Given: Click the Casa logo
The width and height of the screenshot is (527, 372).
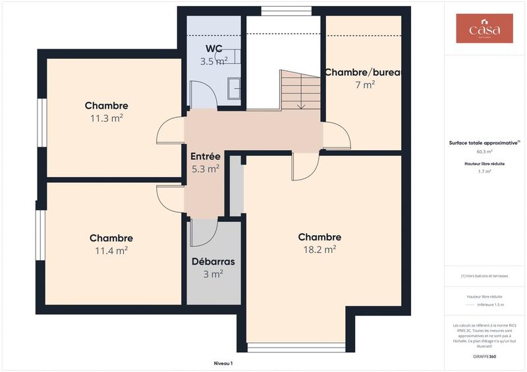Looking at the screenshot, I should click(x=484, y=29).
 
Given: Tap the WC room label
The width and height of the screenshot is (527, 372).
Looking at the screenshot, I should click(x=213, y=48).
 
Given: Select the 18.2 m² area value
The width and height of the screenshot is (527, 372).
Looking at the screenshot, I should click(x=319, y=249).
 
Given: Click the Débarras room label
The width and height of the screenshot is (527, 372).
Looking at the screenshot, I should click(x=213, y=261).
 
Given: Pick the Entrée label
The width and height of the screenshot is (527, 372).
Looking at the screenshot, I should click(x=205, y=157).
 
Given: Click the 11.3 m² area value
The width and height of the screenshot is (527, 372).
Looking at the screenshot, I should click(x=107, y=118).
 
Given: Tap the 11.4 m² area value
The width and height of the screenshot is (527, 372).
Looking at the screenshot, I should click(x=111, y=250).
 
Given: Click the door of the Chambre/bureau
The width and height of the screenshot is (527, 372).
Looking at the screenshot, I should click(x=337, y=136).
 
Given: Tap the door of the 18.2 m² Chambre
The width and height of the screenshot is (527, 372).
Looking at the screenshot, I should click(x=305, y=166).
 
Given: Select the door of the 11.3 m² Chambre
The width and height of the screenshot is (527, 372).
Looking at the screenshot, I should click(x=171, y=130).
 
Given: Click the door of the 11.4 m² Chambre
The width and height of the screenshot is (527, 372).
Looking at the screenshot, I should click(x=171, y=198).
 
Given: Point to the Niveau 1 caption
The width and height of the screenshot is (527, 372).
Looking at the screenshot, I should click(x=223, y=363).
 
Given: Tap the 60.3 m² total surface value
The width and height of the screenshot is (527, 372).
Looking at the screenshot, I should click(x=484, y=151).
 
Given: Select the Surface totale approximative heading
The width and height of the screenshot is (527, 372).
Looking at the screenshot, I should click(x=484, y=142).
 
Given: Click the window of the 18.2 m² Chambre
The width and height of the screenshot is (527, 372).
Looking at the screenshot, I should click(x=296, y=347).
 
